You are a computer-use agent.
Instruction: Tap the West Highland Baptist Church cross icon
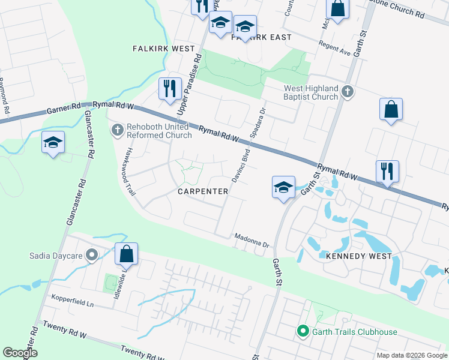(x=347, y=92)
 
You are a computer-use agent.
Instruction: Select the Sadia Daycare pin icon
(x=92, y=256)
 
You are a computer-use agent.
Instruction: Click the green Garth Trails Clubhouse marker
(x=303, y=331)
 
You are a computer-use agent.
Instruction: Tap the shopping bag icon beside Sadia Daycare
(x=127, y=254)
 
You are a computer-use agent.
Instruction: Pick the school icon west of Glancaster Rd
(x=53, y=142)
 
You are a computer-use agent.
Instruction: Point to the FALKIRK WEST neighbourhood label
(x=163, y=49)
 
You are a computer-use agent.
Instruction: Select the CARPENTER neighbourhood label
(x=203, y=191)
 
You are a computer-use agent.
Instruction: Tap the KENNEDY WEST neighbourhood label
(x=358, y=256)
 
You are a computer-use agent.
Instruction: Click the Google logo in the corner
(x=19, y=353)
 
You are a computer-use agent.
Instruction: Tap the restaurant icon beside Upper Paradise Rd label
(x=169, y=89)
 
